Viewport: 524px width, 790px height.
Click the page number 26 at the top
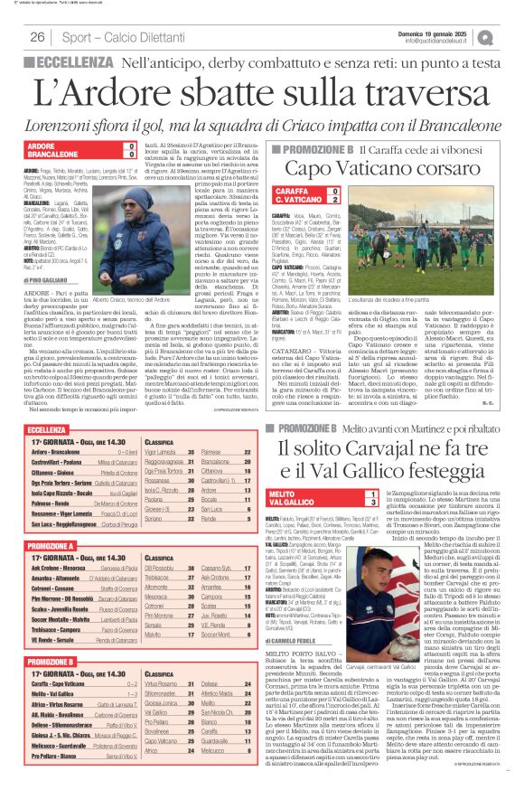tap(38, 37)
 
